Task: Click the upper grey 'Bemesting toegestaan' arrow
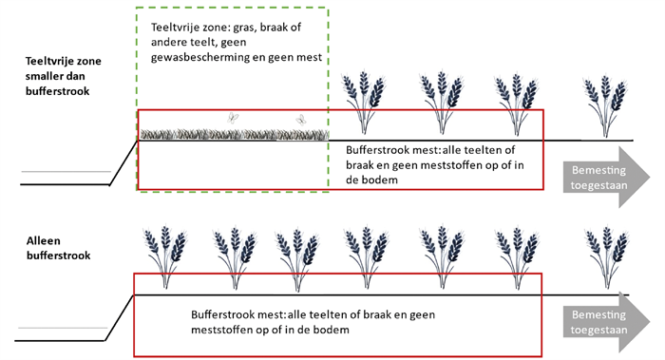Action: [x=603, y=177]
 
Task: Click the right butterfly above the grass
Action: [x=300, y=120]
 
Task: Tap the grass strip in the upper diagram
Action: [x=233, y=134]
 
